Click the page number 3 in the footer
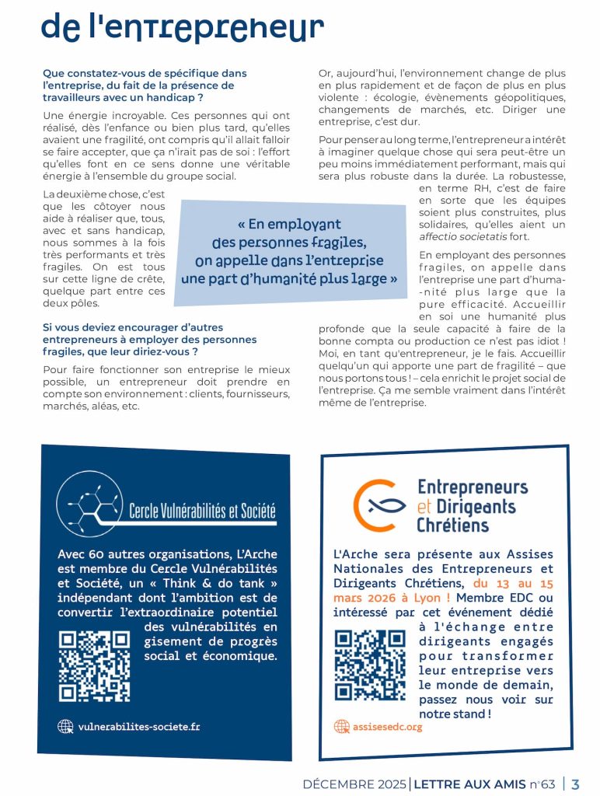click(576, 784)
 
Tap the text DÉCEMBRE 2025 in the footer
click(355, 784)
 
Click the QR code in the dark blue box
click(95, 665)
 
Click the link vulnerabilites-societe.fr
click(139, 727)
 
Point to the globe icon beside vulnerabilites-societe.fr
click(66, 727)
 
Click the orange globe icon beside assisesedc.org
click(341, 727)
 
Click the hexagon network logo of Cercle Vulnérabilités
click(92, 504)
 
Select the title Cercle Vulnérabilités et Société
click(202, 512)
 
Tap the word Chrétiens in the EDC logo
click(453, 525)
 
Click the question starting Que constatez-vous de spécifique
click(145, 86)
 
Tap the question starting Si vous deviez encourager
click(149, 340)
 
